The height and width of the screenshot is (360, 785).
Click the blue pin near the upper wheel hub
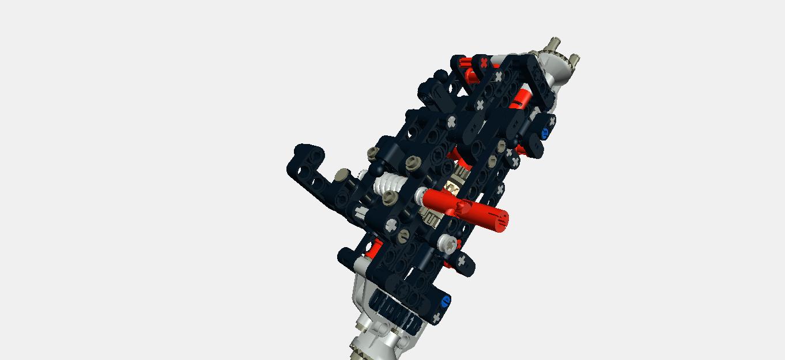pos(544,134)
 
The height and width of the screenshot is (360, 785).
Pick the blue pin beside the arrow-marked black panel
pos(444,301)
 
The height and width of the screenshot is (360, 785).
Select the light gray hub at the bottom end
pos(375,340)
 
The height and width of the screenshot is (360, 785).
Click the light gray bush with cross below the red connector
pos(447,242)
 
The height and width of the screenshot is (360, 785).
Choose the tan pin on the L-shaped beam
pos(344,174)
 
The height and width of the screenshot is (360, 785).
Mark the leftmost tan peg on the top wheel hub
pos(555,43)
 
